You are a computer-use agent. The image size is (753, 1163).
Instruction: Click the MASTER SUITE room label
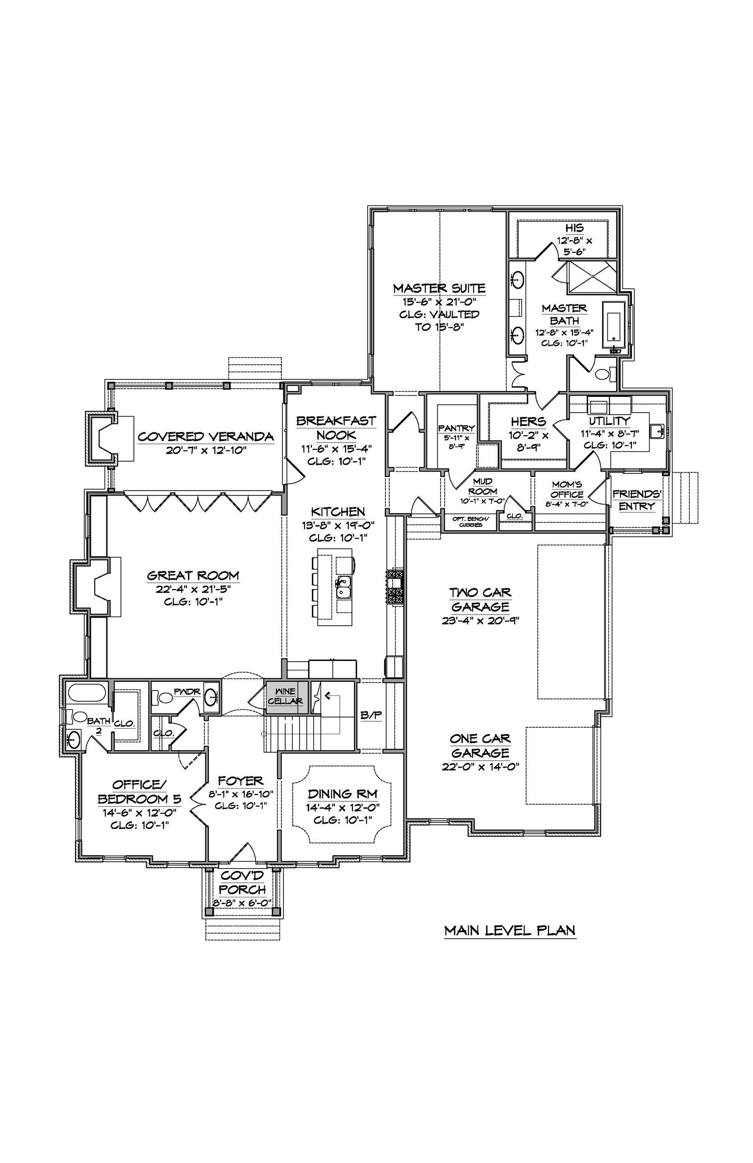coord(439,289)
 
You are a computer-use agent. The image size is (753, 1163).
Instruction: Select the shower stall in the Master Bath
coord(592,277)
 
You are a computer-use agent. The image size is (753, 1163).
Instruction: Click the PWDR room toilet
coord(160,696)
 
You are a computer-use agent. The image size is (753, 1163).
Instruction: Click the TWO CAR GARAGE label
coord(480,599)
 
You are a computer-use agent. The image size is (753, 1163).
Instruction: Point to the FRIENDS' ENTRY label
coord(637,499)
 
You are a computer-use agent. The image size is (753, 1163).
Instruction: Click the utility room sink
coord(657,431)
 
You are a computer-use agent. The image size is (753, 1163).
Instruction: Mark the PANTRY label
coord(456,428)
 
